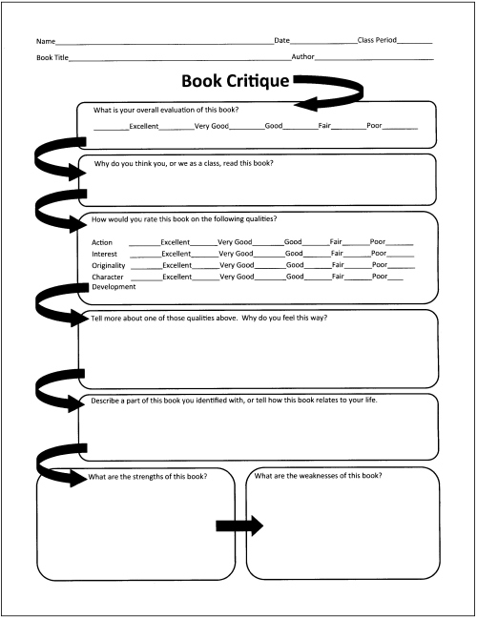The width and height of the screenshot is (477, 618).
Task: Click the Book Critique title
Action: [236, 82]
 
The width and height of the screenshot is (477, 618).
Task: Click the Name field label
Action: [46, 41]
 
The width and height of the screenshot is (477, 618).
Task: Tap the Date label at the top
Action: [281, 40]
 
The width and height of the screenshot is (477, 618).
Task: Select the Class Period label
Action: [377, 40]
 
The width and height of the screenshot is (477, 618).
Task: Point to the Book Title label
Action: [52, 57]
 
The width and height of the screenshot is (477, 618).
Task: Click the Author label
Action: [302, 57]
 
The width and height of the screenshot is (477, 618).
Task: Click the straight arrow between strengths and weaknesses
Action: [239, 525]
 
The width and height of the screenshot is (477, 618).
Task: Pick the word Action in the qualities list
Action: [102, 242]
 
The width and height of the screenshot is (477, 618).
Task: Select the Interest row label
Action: [105, 255]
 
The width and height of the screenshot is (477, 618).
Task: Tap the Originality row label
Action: [109, 266]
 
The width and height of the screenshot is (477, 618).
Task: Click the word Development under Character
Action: [114, 287]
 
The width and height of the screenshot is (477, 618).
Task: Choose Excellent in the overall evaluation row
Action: [144, 126]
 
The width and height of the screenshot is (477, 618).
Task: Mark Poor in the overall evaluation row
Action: [374, 125]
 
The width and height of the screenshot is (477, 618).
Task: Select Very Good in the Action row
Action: [235, 241]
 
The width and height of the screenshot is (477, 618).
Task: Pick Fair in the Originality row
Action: [338, 265]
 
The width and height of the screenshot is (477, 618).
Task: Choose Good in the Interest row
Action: [294, 254]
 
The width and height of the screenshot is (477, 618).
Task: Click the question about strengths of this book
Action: [148, 477]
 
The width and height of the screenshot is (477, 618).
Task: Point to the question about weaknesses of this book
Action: [318, 476]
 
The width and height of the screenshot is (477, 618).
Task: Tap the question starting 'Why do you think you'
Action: [183, 163]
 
